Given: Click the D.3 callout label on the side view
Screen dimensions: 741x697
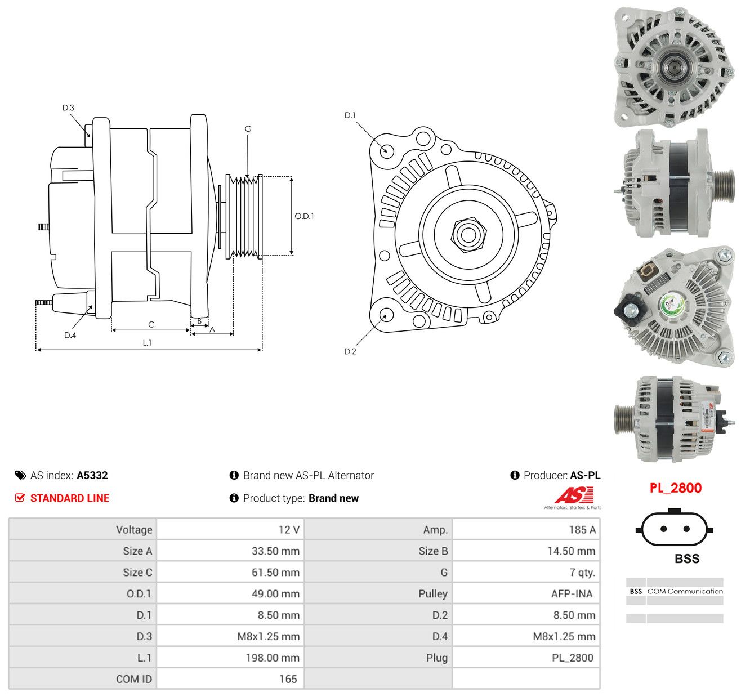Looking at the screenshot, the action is click(x=68, y=108).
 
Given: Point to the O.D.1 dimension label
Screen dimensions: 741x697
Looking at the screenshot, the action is click(x=304, y=216).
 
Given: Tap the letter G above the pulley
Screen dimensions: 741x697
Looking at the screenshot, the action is click(x=248, y=129).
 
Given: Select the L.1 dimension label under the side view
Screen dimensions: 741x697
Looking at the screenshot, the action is click(x=147, y=342).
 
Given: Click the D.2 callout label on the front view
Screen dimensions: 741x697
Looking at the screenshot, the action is click(x=350, y=351).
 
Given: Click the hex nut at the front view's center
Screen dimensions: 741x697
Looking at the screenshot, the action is click(x=468, y=234).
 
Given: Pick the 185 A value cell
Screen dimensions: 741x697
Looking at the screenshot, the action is click(x=582, y=529).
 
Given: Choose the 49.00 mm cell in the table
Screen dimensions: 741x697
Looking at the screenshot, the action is click(x=275, y=593).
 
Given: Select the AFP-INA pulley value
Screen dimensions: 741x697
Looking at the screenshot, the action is click(x=572, y=593).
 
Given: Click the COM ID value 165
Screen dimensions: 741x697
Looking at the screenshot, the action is click(x=288, y=679).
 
